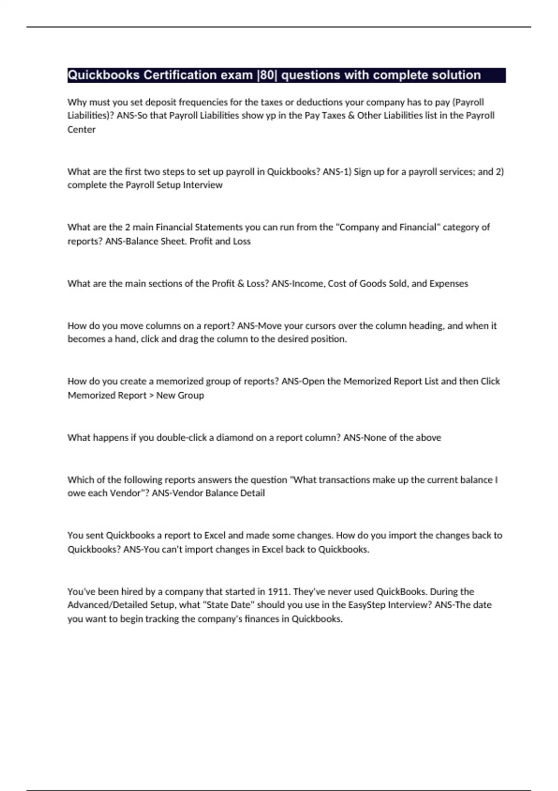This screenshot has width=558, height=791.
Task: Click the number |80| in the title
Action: coord(266,75)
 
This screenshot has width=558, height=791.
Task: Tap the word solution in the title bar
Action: coord(454,75)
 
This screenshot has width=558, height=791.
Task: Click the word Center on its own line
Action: coord(81,129)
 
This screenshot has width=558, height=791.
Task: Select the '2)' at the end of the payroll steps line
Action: coord(499,171)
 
